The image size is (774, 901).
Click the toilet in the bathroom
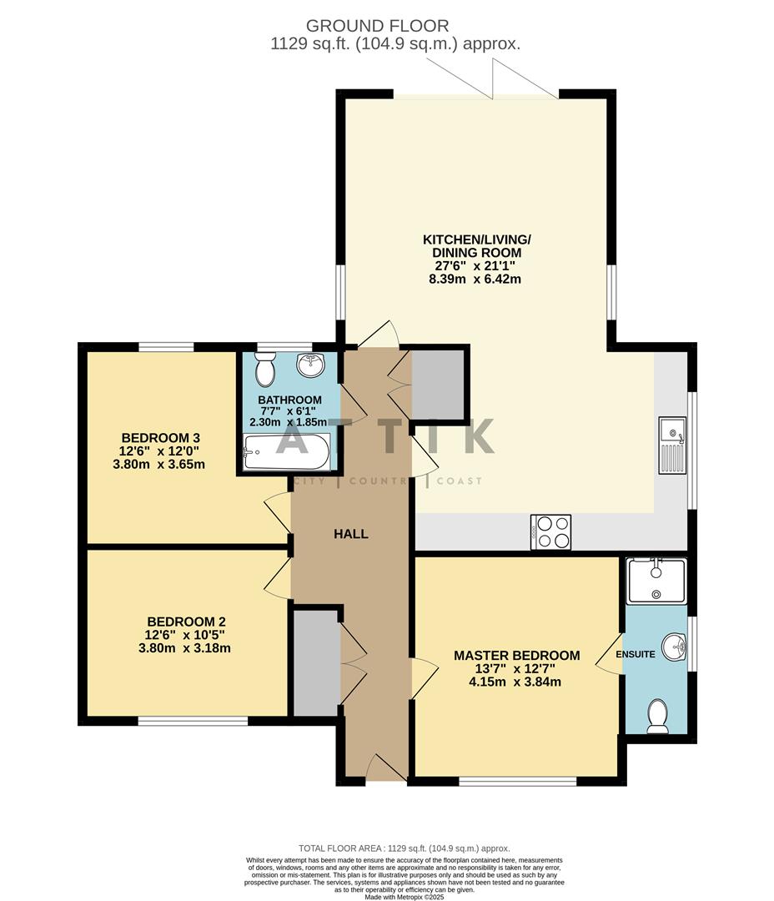pyautogui.click(x=265, y=368)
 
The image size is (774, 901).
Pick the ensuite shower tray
pyautogui.click(x=656, y=581)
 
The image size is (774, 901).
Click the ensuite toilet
pyautogui.click(x=658, y=716)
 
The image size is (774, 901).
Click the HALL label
pyautogui.click(x=351, y=534)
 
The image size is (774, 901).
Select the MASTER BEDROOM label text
pyautogui.click(x=516, y=655)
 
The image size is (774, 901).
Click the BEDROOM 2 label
pyautogui.click(x=186, y=622)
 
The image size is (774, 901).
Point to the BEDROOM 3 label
pyautogui.click(x=161, y=438)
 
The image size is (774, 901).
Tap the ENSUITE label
pyautogui.click(x=636, y=655)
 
